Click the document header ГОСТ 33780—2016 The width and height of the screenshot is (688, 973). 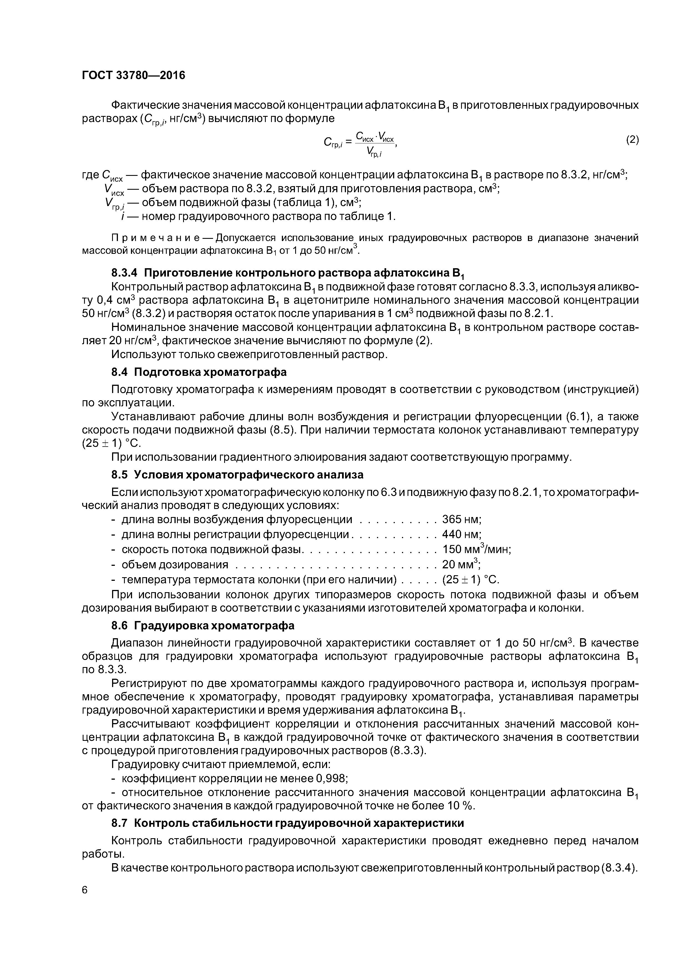(x=133, y=75)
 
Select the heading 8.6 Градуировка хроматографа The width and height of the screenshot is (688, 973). (x=203, y=625)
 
